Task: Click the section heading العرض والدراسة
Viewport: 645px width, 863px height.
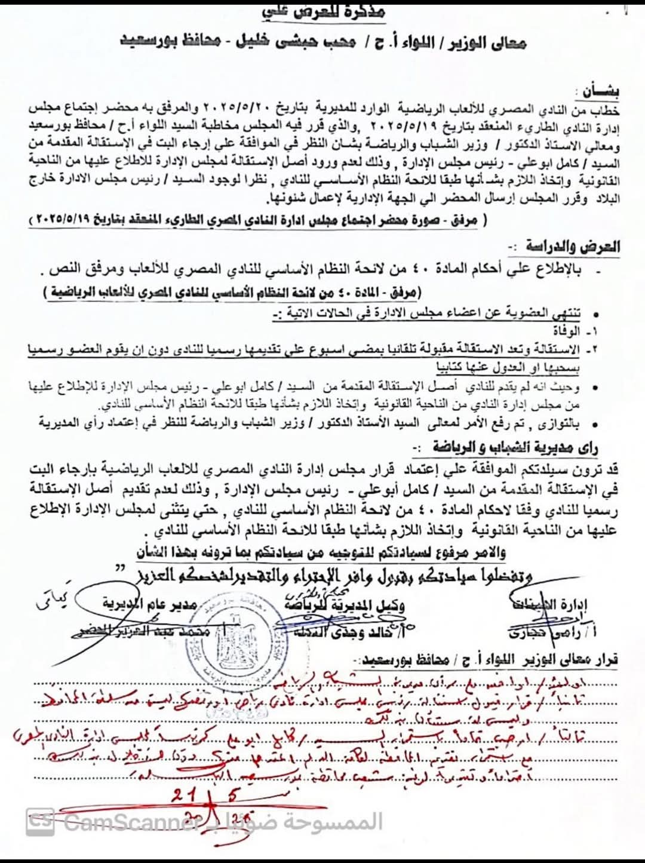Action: tap(572, 246)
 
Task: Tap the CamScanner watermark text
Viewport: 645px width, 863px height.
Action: tap(131, 823)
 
